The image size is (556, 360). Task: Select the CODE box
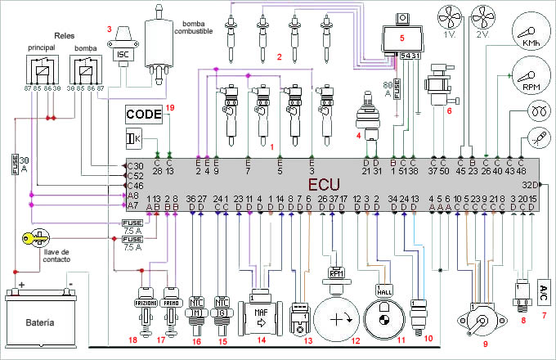(144, 114)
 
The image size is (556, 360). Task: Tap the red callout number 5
(401, 38)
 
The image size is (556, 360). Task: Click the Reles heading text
(64, 36)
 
